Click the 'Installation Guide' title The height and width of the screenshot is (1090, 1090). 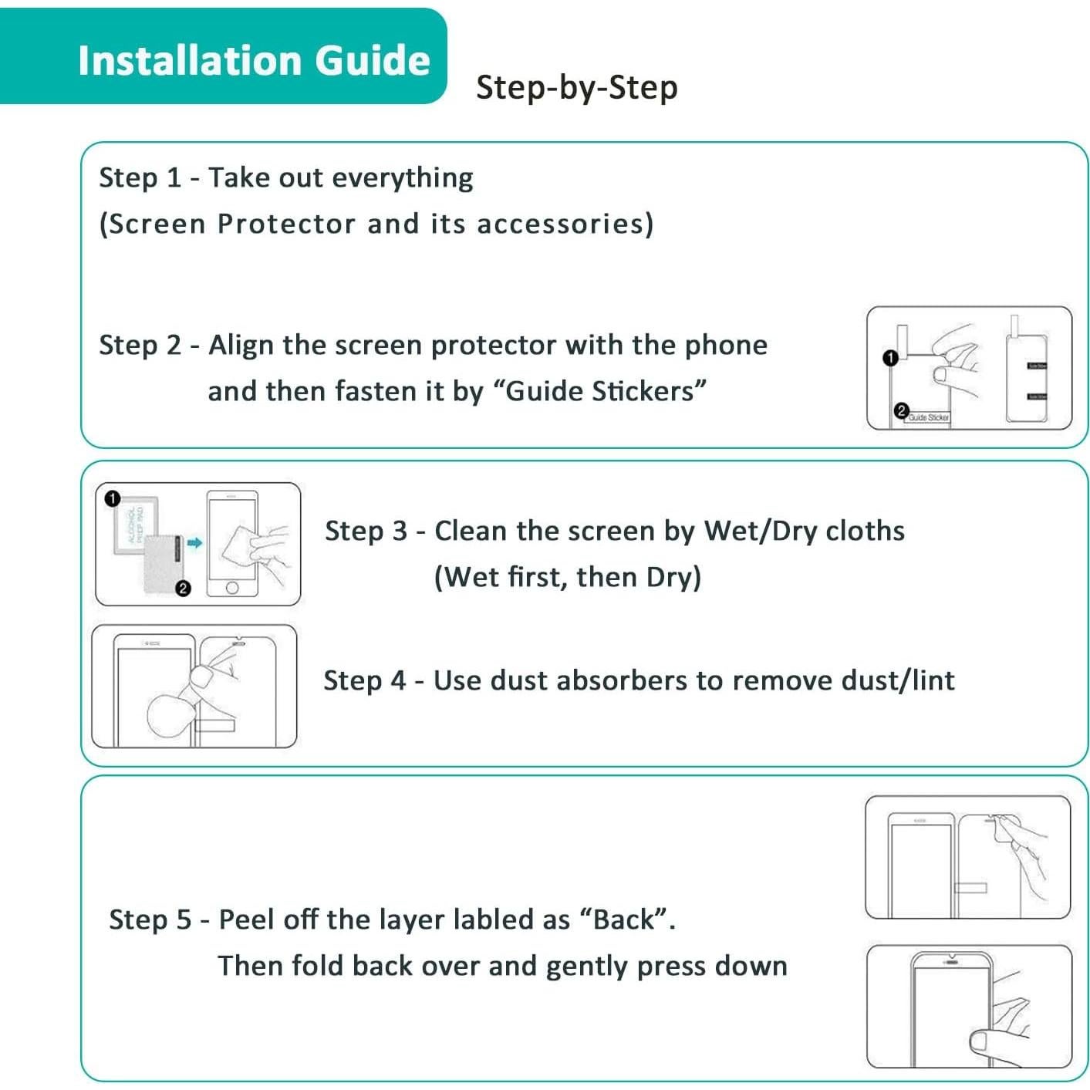tap(254, 60)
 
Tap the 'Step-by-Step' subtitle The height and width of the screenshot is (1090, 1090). tap(576, 87)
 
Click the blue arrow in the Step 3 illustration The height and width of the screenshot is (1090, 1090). tap(194, 543)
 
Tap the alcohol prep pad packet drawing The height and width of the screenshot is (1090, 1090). tap(136, 526)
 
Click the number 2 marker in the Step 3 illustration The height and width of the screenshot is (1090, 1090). tap(183, 589)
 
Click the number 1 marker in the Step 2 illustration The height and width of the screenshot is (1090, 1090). tap(890, 358)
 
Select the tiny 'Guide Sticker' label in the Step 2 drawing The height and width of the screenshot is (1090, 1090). tap(928, 417)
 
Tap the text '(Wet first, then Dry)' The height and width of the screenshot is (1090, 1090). tap(568, 577)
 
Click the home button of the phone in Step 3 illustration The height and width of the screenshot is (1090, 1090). tap(232, 589)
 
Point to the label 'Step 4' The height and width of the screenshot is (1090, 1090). tap(364, 680)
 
